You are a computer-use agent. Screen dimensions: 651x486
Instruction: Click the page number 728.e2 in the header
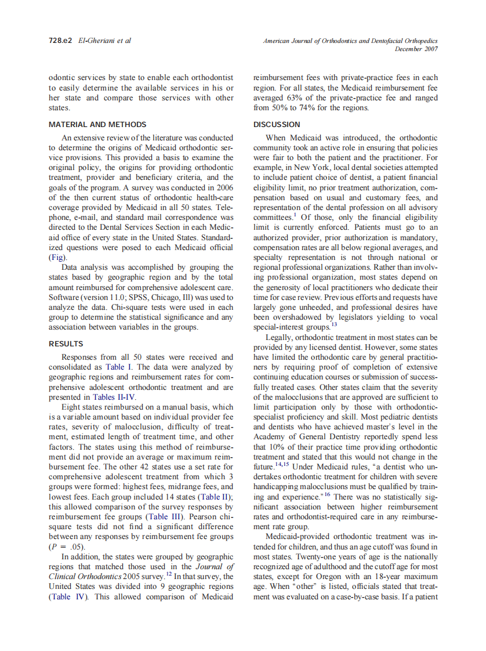60,41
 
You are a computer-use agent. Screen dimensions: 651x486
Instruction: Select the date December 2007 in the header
416,49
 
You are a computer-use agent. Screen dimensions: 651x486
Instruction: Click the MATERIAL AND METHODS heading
97,124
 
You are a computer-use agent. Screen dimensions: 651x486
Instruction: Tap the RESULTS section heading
66,343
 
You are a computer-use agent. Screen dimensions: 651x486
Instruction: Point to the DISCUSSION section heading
277,124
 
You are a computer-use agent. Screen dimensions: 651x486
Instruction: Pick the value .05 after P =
76,547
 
